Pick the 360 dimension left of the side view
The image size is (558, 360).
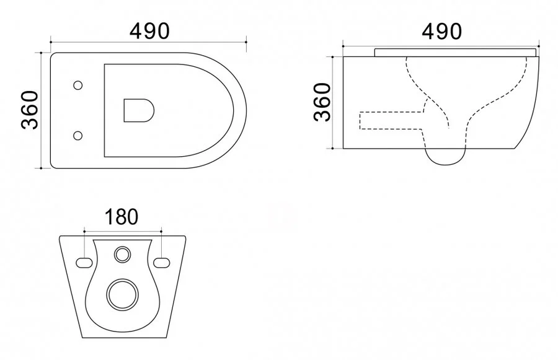[322, 102]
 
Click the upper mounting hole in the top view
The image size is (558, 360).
[77, 85]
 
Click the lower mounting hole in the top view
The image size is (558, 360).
[77, 134]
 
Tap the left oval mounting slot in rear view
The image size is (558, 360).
[84, 263]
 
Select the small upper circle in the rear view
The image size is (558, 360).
[122, 253]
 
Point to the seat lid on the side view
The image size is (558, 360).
[456, 51]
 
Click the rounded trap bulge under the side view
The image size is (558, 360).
[445, 159]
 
